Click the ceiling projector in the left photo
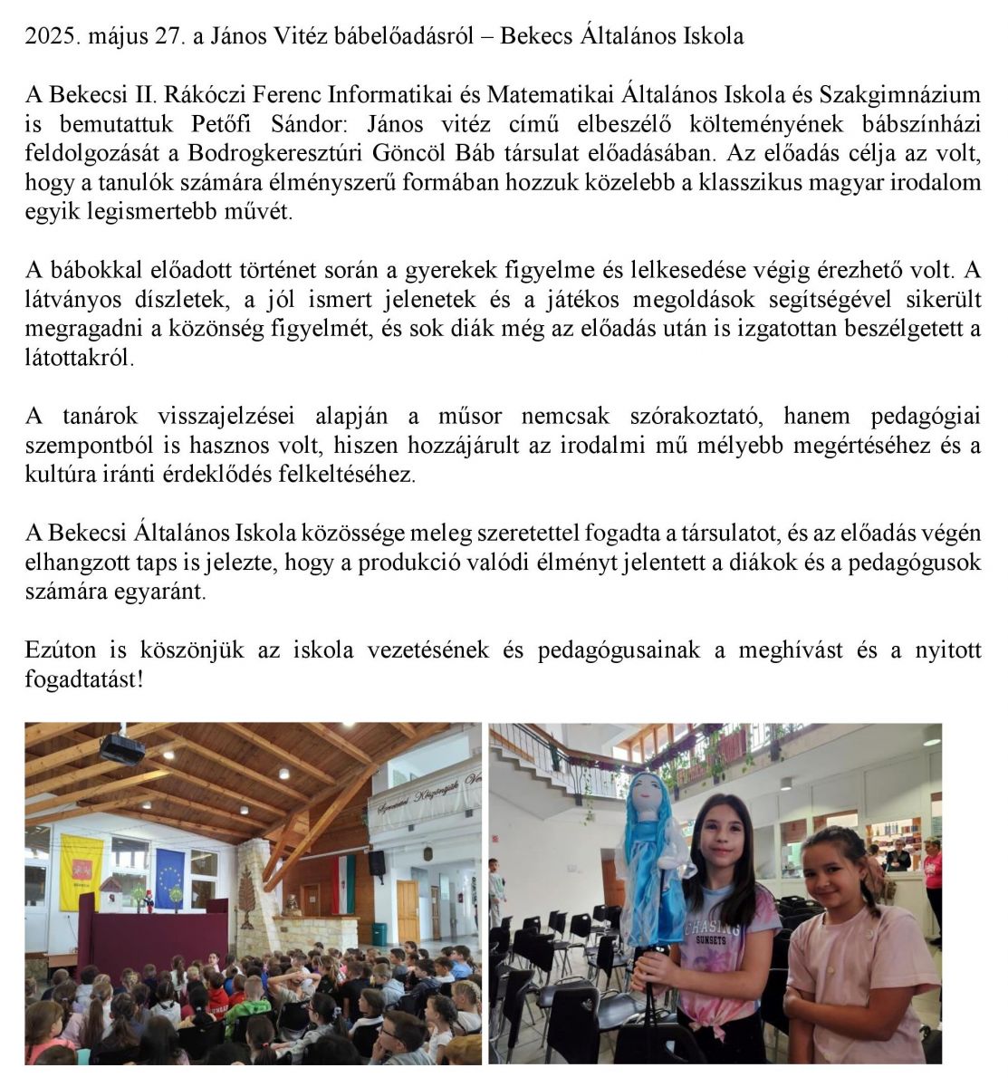pos(122,747)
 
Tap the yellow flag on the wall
pos(82,871)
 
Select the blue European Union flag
pos(169,878)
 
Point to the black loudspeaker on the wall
pos(377,862)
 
